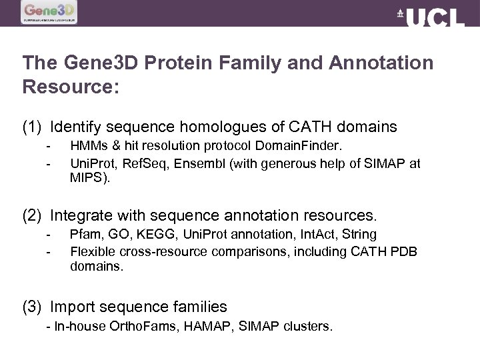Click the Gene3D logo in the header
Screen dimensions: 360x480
coord(49,12)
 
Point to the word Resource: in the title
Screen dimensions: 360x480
coord(71,87)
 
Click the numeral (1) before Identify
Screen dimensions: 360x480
coord(33,127)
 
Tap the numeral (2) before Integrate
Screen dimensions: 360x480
coord(33,216)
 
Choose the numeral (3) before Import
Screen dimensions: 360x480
coord(33,307)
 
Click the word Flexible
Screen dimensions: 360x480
coord(93,252)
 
